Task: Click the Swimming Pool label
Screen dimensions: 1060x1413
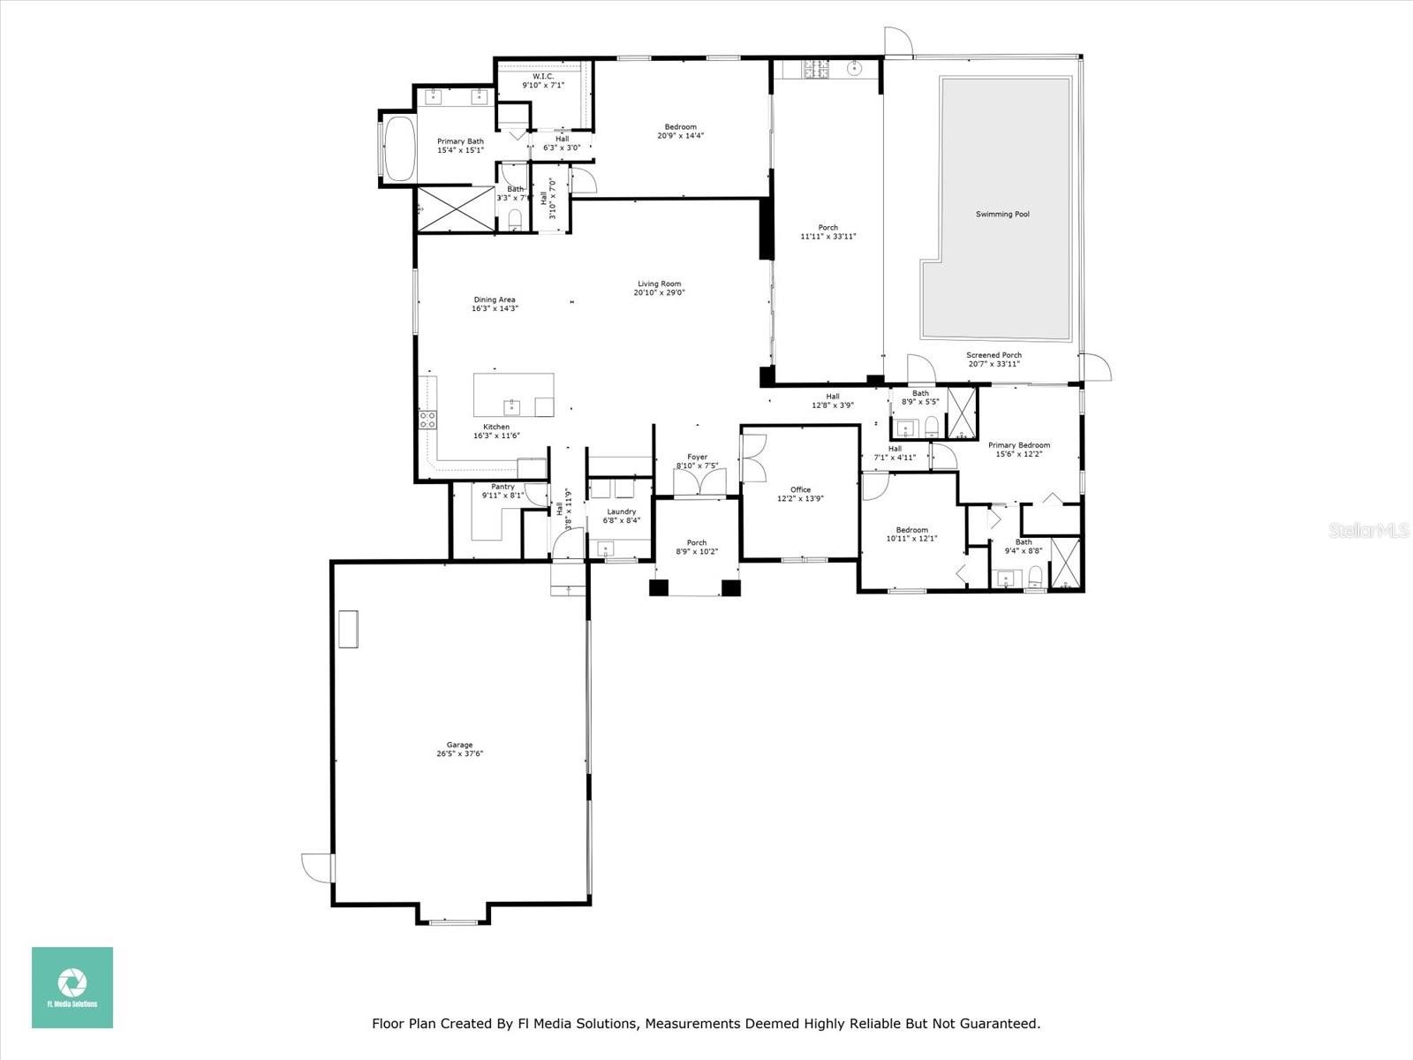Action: (1002, 215)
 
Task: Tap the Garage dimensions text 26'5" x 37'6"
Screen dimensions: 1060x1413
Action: (459, 754)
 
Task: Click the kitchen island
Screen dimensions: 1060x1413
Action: (514, 394)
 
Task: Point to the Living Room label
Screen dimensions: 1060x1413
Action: (659, 284)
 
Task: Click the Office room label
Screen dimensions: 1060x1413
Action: (800, 489)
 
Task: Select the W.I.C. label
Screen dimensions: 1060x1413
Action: (542, 76)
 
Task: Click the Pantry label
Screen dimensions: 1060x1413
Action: (502, 487)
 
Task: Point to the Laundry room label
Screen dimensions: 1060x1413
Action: (622, 511)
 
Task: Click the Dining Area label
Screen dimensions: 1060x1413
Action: (495, 299)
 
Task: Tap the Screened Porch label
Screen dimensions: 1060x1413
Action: (994, 355)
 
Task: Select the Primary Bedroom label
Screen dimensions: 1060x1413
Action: (1019, 445)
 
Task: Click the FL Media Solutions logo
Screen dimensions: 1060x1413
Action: (72, 988)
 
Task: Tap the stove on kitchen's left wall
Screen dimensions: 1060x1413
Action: (427, 420)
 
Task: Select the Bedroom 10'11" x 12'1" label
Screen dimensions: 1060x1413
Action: (911, 530)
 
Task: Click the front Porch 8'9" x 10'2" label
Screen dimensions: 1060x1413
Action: (697, 543)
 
